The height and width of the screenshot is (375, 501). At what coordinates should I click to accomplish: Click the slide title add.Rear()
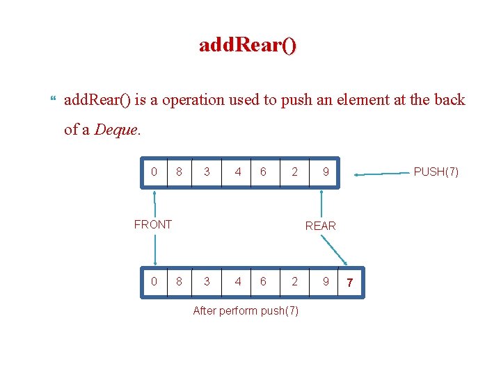click(248, 46)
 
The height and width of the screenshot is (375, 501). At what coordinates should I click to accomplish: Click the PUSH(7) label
click(436, 172)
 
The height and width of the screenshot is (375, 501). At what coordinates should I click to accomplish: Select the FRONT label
click(152, 224)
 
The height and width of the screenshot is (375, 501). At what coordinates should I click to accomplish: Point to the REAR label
click(320, 226)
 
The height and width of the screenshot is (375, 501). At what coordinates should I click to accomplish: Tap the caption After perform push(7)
click(246, 310)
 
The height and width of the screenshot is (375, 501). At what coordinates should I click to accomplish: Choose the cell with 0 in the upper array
click(154, 172)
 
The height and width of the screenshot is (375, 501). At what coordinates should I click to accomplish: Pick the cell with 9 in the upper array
click(325, 172)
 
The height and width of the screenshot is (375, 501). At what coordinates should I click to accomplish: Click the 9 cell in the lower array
click(325, 282)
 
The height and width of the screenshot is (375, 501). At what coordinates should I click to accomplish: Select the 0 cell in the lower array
click(154, 282)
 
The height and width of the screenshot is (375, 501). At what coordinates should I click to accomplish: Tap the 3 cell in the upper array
click(207, 172)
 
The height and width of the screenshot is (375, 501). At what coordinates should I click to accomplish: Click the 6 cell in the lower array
click(262, 282)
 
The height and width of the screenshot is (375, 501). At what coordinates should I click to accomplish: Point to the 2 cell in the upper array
click(294, 172)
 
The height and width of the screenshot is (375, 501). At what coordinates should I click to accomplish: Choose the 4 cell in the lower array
click(238, 282)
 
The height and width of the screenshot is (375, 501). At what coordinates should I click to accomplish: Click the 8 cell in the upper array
click(179, 172)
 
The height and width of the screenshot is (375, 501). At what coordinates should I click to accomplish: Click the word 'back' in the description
click(449, 99)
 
